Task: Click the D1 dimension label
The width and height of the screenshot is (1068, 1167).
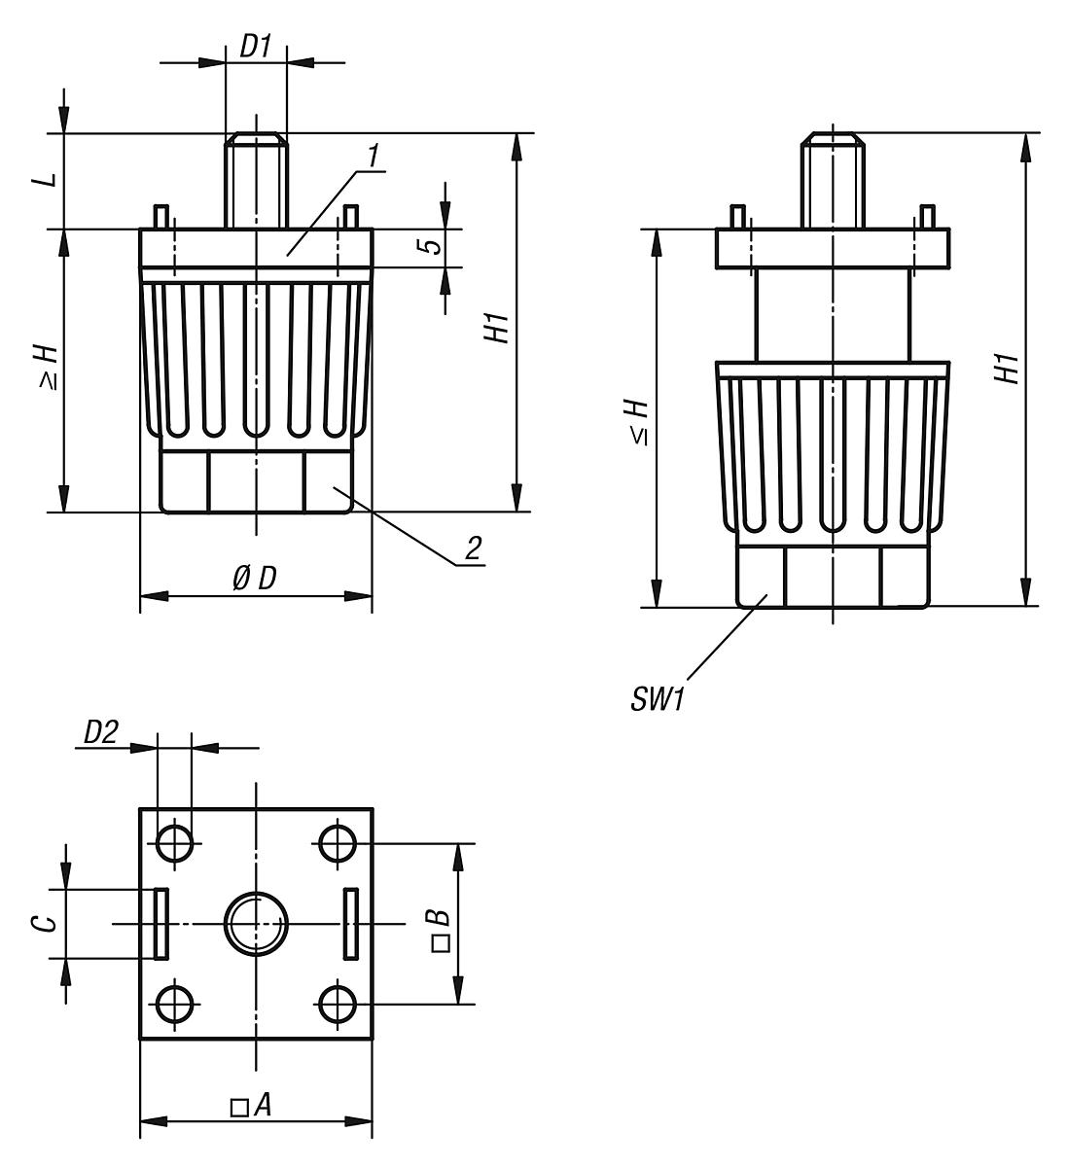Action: [256, 48]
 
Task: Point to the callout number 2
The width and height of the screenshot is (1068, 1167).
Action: [472, 548]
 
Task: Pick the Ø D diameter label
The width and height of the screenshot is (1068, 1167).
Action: [255, 578]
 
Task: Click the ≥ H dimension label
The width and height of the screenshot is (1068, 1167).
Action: [49, 368]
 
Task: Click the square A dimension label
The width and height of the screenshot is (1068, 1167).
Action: [251, 1106]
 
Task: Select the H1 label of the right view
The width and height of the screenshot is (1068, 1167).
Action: [1008, 368]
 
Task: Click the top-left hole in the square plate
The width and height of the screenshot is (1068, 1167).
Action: [175, 842]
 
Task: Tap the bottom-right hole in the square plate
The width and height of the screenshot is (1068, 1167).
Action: [337, 1003]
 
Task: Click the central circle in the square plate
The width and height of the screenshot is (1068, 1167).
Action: [256, 923]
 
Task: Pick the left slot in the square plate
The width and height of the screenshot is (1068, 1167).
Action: [161, 922]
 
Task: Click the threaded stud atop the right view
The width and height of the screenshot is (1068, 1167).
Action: [832, 179]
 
